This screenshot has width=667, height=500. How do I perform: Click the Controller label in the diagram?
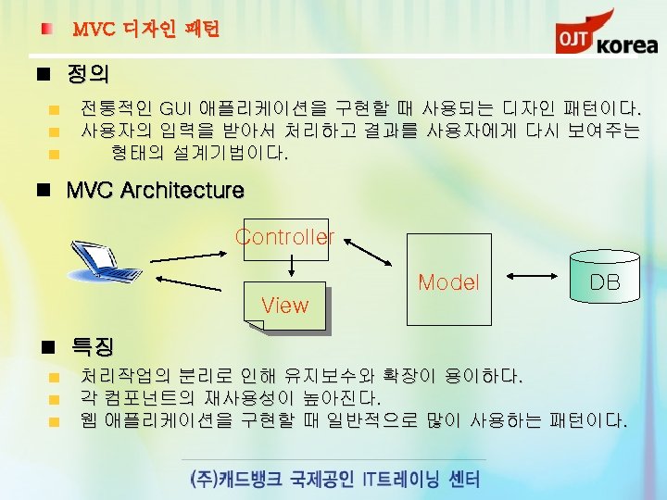coord(284,236)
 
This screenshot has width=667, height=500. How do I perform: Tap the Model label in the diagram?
coord(448,282)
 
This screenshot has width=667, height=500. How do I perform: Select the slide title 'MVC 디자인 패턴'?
coord(145,31)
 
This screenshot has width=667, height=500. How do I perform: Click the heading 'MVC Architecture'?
coord(155,191)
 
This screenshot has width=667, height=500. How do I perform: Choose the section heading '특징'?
coord(93,347)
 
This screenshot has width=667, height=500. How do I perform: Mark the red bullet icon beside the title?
coord(45,31)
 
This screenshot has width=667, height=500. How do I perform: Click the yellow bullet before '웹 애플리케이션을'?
coord(55,422)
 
